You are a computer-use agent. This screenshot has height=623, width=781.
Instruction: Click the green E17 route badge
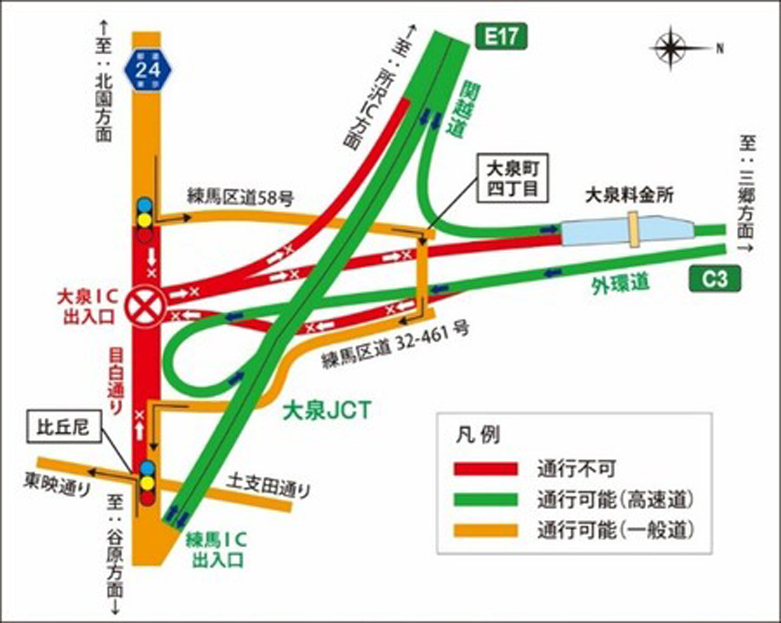pos(501,37)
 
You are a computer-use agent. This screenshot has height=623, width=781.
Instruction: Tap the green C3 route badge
pos(715,279)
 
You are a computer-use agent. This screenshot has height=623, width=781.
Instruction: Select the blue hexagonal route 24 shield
pos(148,70)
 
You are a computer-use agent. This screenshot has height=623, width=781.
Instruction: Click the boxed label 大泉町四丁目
pos(513,178)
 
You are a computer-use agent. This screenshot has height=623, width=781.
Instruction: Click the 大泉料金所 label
pos(629,196)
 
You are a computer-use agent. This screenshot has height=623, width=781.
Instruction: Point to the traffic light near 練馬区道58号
pos(145,220)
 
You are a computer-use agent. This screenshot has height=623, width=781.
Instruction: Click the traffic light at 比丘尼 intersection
pos(147,483)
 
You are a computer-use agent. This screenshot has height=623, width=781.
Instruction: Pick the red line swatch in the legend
pos(486,469)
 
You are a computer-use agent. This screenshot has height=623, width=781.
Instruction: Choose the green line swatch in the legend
pos(486,500)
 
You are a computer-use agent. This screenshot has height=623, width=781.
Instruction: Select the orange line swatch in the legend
pos(486,530)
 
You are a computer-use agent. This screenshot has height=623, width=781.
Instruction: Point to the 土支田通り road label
pos(268,486)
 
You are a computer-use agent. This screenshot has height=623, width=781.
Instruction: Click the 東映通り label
pos(57,484)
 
